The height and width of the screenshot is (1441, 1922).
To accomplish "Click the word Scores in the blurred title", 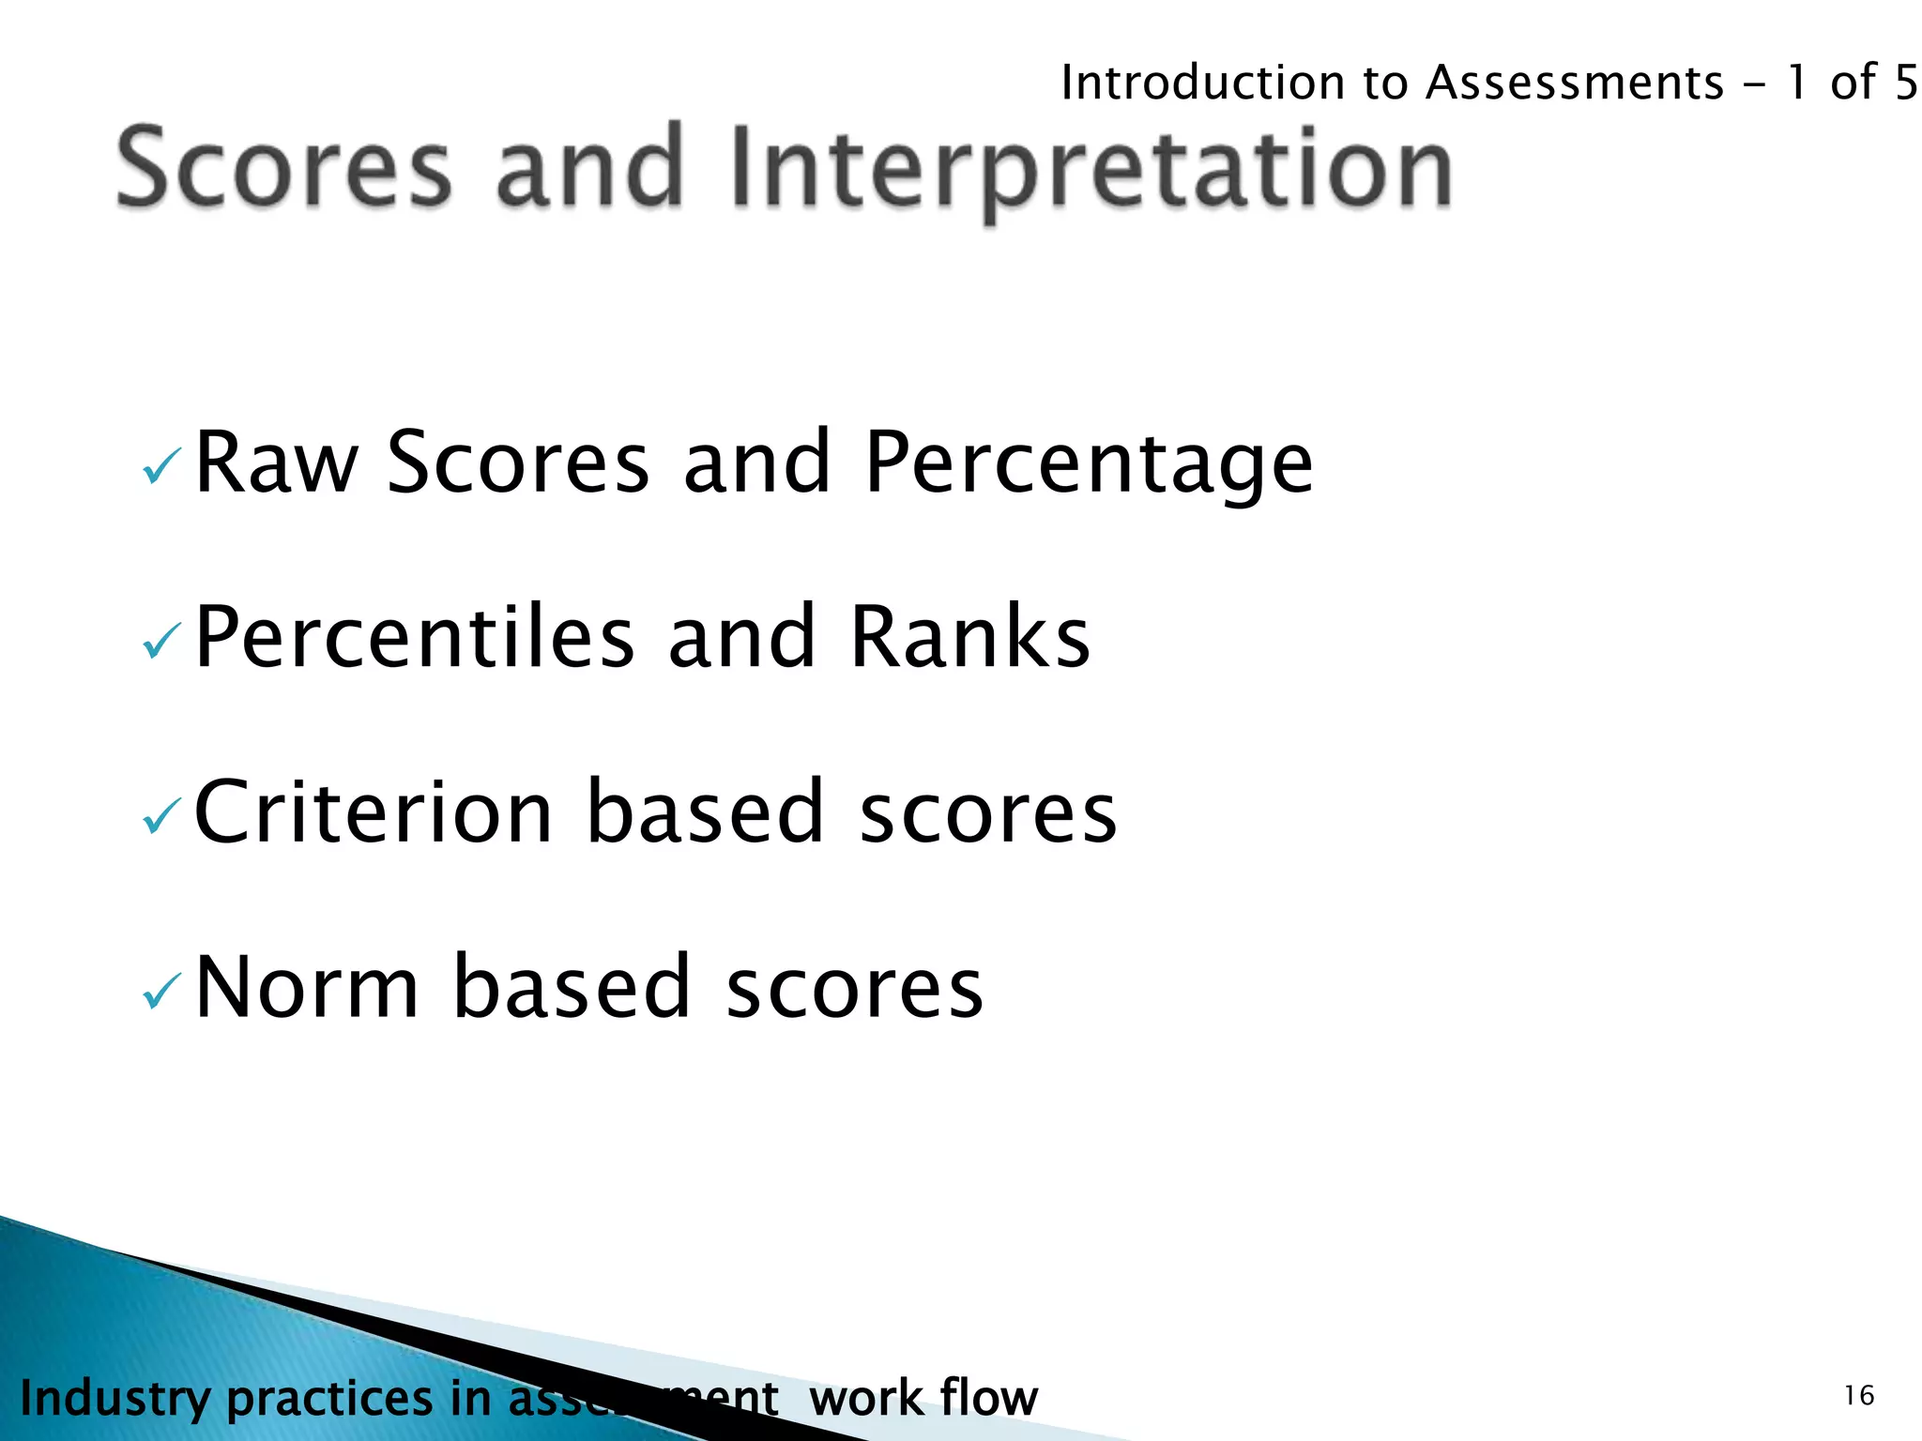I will click(284, 169).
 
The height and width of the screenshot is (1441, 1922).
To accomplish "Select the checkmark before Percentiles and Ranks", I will click(160, 642).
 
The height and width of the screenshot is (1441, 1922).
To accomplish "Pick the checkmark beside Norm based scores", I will click(160, 992).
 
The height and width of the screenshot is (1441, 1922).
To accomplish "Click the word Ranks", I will click(969, 638).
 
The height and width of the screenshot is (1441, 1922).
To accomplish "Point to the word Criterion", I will click(374, 812).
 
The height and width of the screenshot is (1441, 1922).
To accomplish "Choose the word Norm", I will click(307, 987).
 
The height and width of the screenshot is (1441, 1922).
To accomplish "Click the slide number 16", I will click(1859, 1396).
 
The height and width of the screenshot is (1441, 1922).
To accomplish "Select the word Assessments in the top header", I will click(1575, 83).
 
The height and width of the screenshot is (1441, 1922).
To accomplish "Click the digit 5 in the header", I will click(1905, 83).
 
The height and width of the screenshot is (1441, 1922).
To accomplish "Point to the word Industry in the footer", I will click(115, 1399).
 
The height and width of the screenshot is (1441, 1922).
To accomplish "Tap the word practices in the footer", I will click(329, 1399).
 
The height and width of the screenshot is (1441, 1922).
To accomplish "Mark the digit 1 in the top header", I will click(1796, 83).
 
